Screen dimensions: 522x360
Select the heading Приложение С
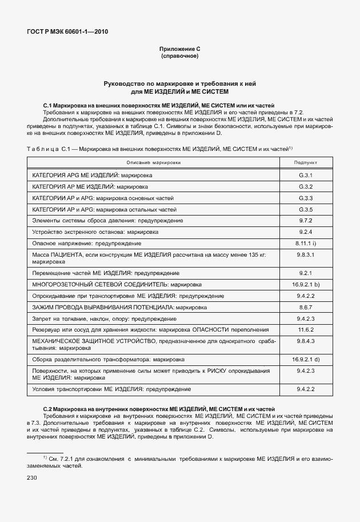pos(179,50)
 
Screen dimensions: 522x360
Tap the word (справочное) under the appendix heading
pos(179,57)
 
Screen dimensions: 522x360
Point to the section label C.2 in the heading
pos(49,409)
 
